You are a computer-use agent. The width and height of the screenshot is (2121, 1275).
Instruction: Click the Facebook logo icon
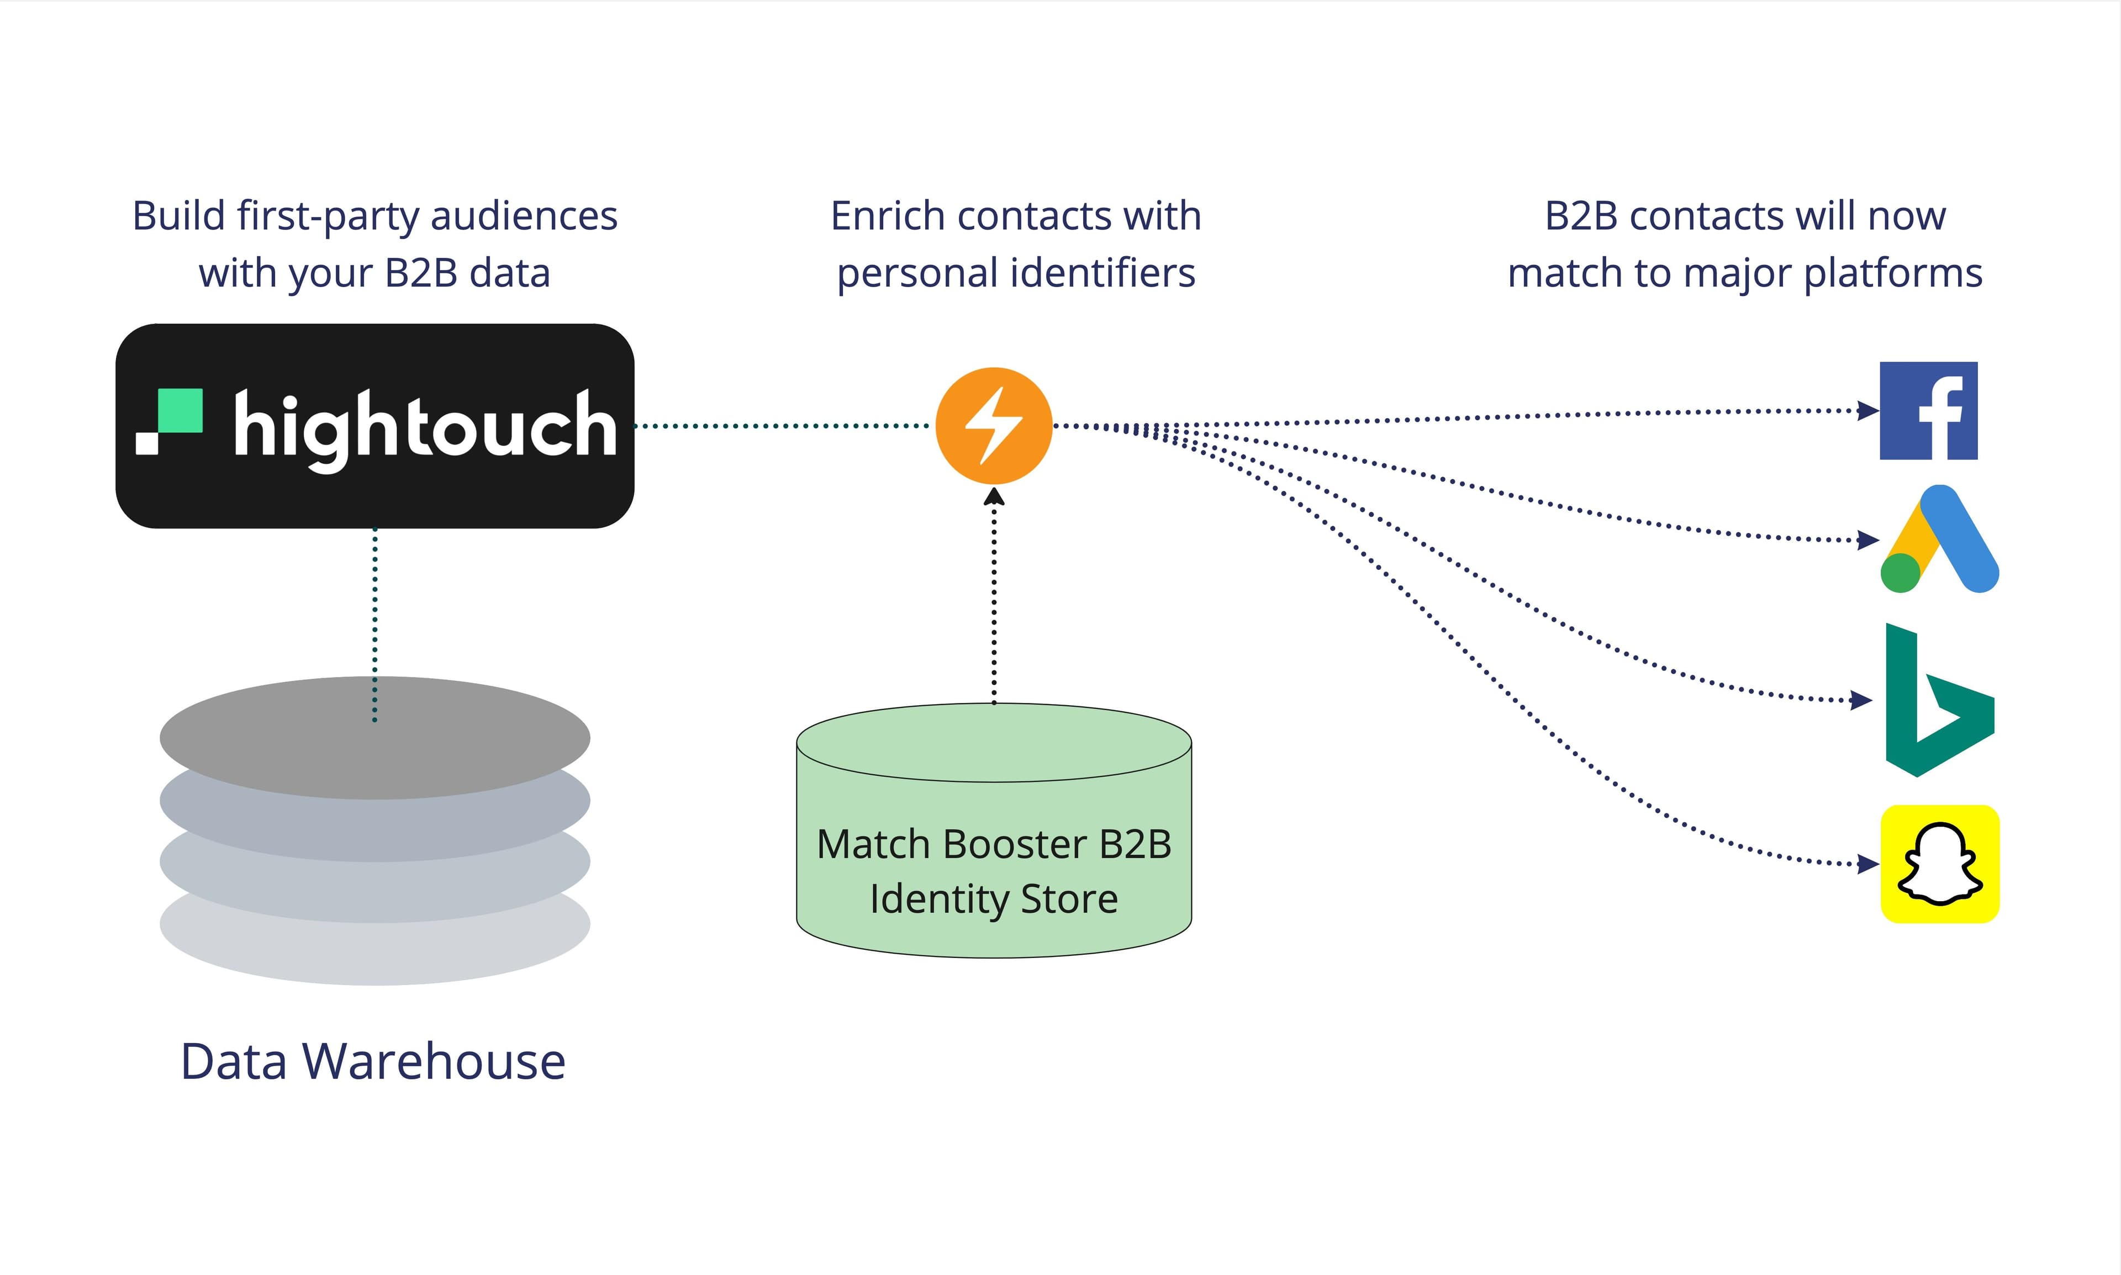[x=1928, y=411]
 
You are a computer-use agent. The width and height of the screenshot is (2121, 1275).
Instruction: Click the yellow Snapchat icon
[x=1940, y=864]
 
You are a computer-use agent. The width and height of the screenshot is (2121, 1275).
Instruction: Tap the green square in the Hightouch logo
[x=181, y=411]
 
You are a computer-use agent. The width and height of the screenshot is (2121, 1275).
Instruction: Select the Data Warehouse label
[x=373, y=1062]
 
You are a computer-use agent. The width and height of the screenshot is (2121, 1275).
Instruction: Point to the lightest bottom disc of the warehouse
[x=374, y=954]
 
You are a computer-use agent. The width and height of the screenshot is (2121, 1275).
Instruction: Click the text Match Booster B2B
[x=994, y=844]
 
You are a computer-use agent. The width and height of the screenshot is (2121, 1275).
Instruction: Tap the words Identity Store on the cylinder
[x=994, y=900]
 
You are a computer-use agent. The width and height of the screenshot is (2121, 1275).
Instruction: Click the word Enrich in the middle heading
[x=888, y=216]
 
